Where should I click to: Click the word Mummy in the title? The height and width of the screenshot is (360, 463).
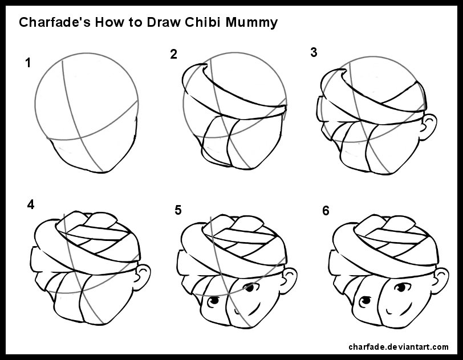251,23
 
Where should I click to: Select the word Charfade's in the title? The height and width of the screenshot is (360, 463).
55,22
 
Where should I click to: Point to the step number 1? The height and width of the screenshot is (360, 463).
28,63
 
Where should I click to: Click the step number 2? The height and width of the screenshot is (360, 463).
173,54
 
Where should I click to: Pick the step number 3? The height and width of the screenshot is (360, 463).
314,52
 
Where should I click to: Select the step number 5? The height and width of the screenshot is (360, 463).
178,210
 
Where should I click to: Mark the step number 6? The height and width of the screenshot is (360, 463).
326,211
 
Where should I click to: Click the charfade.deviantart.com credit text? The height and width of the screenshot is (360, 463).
399,347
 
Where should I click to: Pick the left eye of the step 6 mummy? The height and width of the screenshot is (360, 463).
365,301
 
